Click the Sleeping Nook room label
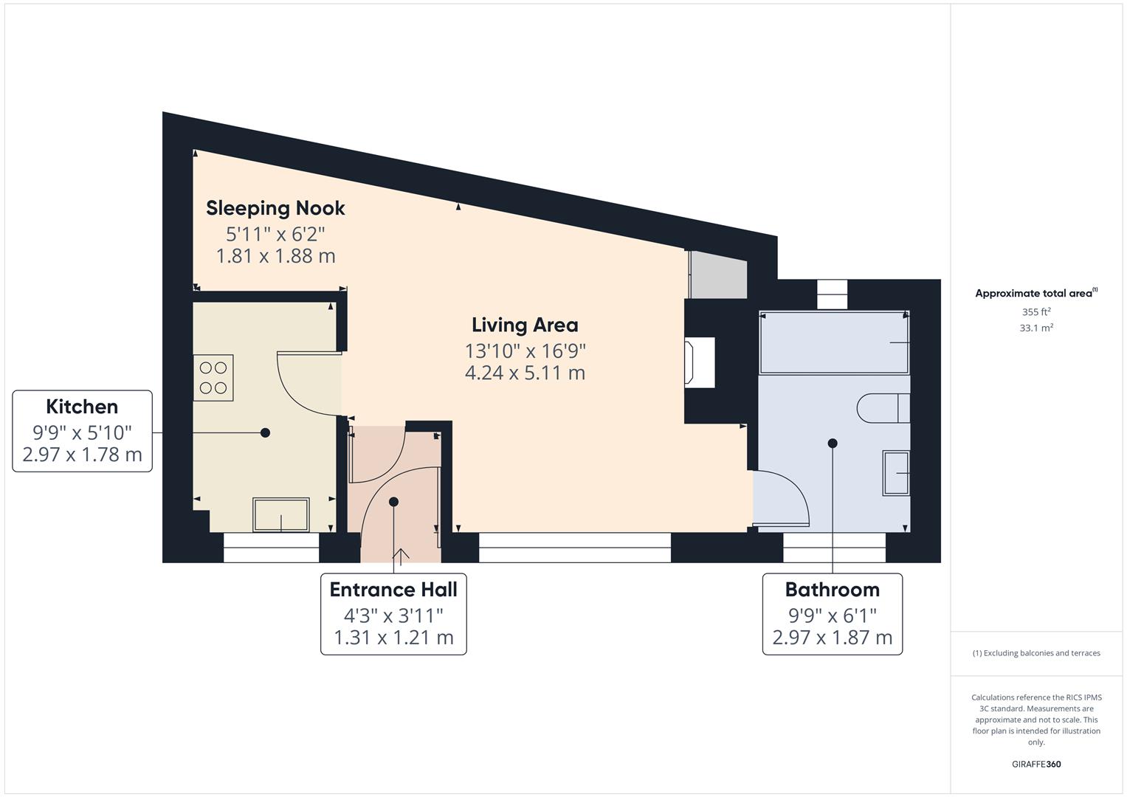[x=275, y=208]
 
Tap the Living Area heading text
[x=525, y=325]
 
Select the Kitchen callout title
[x=82, y=407]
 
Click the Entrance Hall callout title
[x=393, y=590]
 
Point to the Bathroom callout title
[x=832, y=590]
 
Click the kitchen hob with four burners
[x=213, y=378]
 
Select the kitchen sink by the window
[x=281, y=514]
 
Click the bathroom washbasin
[x=897, y=473]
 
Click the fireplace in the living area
[x=700, y=362]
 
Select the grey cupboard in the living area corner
[x=717, y=275]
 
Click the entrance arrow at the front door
[x=401, y=556]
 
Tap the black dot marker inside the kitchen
[x=265, y=432]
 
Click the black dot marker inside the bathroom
[x=833, y=444]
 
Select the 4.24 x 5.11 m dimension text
[x=525, y=373]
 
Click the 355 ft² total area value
[x=1036, y=312]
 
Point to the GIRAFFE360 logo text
[x=1035, y=765]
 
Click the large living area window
[x=575, y=547]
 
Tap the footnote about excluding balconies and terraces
[x=1036, y=653]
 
